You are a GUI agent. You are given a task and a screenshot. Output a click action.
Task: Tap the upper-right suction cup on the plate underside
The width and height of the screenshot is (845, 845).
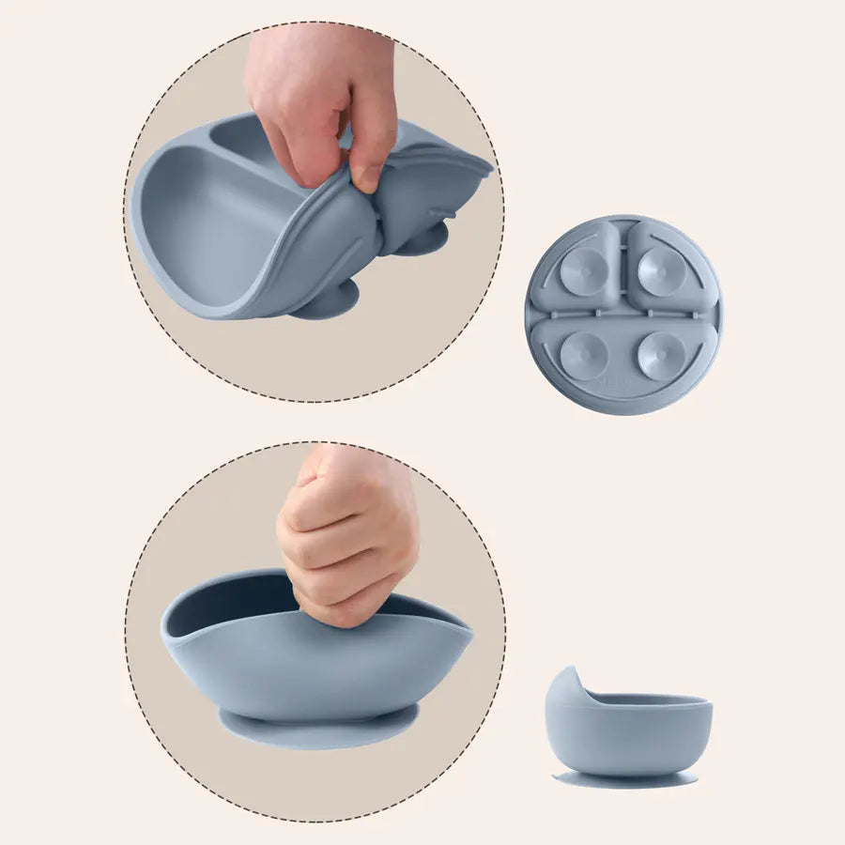pos(658,271)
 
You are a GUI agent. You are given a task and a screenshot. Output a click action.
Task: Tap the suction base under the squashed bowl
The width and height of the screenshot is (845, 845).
pos(318,728)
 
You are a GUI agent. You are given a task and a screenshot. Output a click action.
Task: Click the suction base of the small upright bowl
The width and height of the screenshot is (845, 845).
pos(624,778)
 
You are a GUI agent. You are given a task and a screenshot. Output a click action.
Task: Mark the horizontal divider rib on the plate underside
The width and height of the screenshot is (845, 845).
pos(623,310)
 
